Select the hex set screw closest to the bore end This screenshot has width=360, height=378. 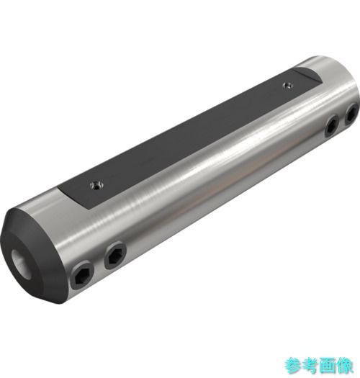pos(82,276)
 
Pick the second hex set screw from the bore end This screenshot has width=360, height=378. pos(115,256)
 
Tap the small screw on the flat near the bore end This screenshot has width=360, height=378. pos(97,185)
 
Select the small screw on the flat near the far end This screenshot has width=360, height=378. pos(287,85)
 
